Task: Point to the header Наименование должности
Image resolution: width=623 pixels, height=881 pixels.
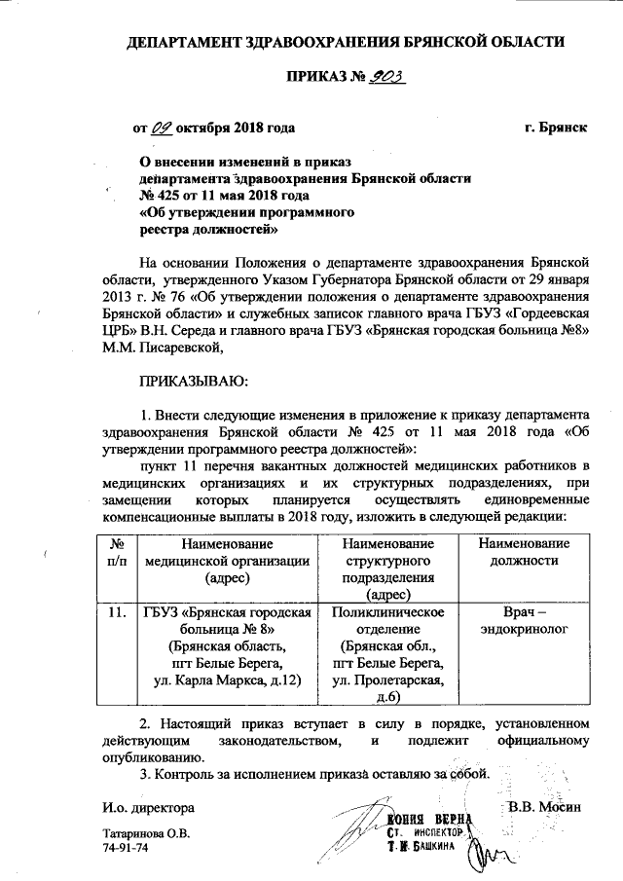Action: pyautogui.click(x=524, y=552)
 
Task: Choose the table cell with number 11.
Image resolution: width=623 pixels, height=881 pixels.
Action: pyautogui.click(x=116, y=612)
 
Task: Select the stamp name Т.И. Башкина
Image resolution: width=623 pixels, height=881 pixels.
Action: pyautogui.click(x=426, y=850)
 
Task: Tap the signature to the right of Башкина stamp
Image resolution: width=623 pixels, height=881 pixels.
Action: pyautogui.click(x=488, y=856)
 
